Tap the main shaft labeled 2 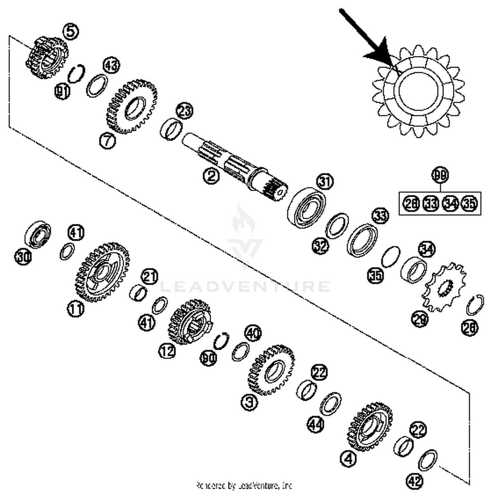[x=229, y=164]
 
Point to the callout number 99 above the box [x=440, y=175]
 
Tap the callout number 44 [x=316, y=424]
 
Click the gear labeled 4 [x=369, y=427]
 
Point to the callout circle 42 [x=414, y=481]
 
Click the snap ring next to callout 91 [x=76, y=73]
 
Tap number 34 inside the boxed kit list [x=450, y=203]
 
